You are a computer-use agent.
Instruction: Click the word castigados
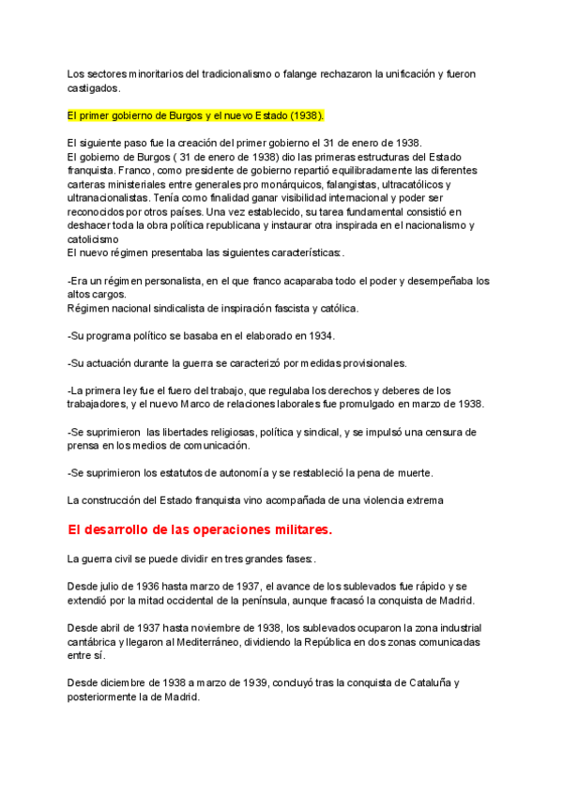(x=93, y=87)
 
